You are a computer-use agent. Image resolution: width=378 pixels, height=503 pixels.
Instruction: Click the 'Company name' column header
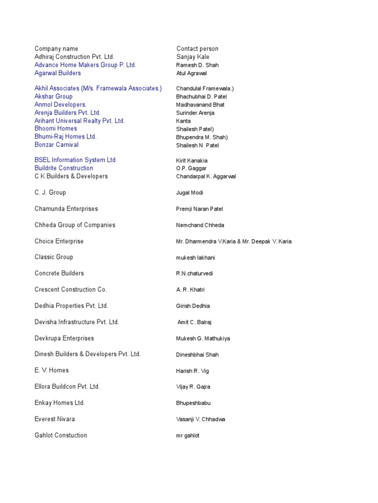(x=56, y=49)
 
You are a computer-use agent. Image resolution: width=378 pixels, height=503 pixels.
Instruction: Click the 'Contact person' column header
(x=197, y=49)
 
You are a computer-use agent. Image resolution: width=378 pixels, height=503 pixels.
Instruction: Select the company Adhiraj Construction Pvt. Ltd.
(x=74, y=57)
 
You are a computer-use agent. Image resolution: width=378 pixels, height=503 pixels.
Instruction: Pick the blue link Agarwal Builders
(x=58, y=73)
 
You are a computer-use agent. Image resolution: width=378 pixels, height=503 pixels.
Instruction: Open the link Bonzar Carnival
(x=57, y=145)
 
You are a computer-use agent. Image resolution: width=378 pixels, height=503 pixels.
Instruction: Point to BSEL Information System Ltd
(x=75, y=160)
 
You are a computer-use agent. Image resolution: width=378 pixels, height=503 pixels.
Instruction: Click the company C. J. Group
(x=50, y=193)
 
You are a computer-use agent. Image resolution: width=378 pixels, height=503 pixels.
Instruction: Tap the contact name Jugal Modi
(x=190, y=193)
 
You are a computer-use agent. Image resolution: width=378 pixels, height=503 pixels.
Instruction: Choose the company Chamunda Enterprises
(x=66, y=209)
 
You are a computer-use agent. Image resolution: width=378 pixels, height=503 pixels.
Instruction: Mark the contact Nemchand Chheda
(x=200, y=225)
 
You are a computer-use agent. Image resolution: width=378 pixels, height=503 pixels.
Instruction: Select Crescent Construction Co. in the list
(x=71, y=290)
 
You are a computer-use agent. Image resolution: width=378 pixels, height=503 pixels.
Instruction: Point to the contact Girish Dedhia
(x=193, y=306)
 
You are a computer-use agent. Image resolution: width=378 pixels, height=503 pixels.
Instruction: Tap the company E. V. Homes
(x=52, y=370)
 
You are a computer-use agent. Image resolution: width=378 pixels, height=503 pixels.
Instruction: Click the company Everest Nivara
(x=55, y=419)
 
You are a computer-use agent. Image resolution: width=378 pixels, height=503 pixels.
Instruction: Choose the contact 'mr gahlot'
(x=188, y=436)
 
